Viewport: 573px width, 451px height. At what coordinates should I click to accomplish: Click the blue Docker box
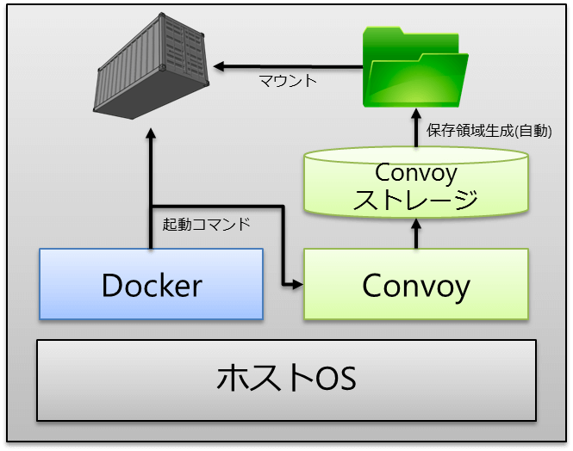(151, 284)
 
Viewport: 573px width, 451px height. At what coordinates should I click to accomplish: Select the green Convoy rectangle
(416, 284)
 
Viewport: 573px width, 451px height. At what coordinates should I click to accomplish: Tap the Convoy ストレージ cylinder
(416, 182)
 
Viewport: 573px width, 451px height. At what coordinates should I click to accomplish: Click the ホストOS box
(286, 380)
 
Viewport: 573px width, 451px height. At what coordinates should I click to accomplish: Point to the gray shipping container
(152, 65)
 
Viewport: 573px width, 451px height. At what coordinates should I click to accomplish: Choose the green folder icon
(415, 67)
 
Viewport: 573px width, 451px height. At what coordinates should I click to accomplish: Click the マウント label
(288, 81)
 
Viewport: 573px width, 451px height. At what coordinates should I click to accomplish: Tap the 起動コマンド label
(207, 224)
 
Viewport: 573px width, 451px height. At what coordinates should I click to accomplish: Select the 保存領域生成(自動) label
(489, 131)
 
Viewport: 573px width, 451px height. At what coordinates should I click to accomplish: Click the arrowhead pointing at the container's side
(218, 66)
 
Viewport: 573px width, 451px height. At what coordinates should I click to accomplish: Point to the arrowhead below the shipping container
(151, 133)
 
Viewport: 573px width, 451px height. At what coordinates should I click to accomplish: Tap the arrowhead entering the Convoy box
(298, 284)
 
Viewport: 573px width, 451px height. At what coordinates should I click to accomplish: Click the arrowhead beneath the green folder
(416, 113)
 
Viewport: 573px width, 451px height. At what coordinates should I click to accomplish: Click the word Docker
(152, 286)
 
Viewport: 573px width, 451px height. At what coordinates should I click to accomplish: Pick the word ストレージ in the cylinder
(415, 199)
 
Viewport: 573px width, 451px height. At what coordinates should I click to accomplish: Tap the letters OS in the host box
(335, 378)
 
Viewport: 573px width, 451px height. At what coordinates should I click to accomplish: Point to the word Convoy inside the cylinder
(416, 173)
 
